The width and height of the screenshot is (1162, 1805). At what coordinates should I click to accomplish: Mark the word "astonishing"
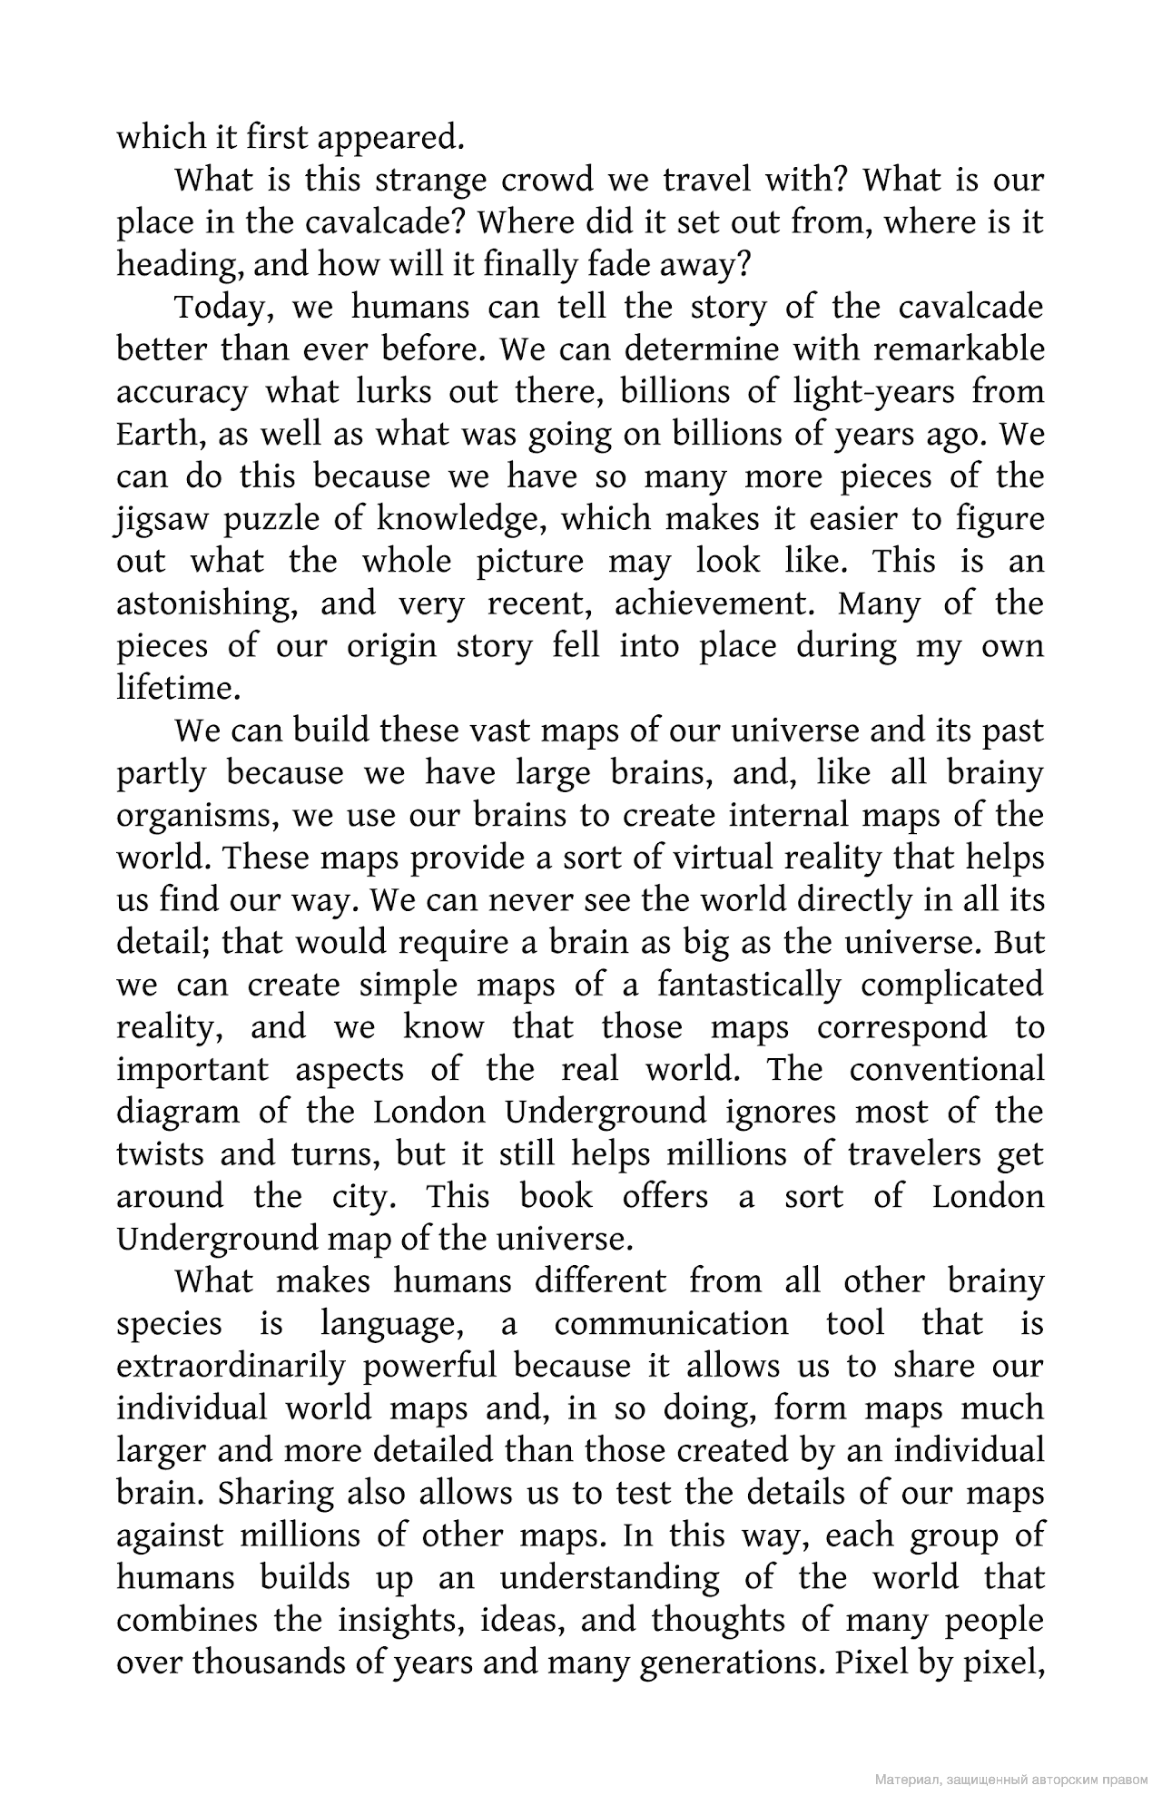206,604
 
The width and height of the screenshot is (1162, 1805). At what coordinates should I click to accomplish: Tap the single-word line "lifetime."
178,688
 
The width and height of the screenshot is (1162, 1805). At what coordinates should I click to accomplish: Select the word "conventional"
947,1070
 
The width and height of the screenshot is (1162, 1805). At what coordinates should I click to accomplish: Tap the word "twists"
159,1154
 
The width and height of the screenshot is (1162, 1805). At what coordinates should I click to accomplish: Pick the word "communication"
672,1324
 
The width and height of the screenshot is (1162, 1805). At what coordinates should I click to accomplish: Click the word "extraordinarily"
231,1367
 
